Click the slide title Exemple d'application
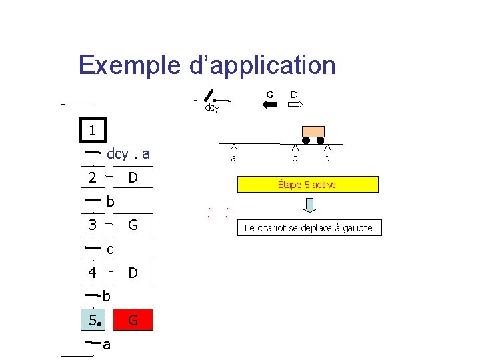click(x=207, y=65)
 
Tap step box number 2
click(x=92, y=177)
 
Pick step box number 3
click(x=92, y=225)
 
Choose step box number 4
click(x=92, y=272)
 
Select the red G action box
click(x=133, y=320)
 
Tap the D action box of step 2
click(x=133, y=177)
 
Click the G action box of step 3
click(x=133, y=225)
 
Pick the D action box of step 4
click(x=133, y=272)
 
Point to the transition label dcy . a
click(x=129, y=154)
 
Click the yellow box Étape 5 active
click(x=307, y=184)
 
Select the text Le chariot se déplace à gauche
click(x=309, y=228)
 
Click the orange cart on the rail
click(x=313, y=133)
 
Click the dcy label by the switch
click(x=212, y=107)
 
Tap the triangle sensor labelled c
click(x=295, y=149)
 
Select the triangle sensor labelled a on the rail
click(x=233, y=149)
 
